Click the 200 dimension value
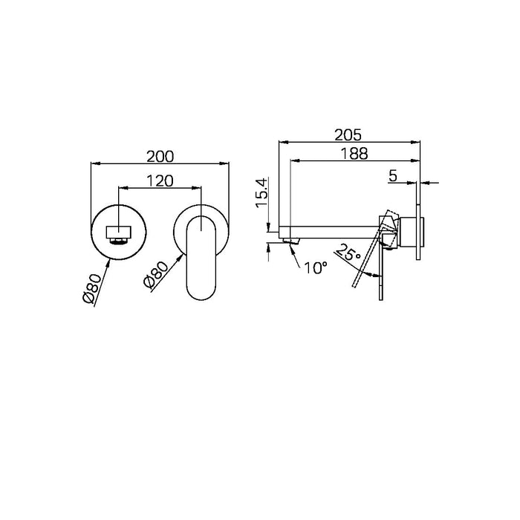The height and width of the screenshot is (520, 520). pos(160,156)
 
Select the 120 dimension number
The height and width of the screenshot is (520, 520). pos(160,181)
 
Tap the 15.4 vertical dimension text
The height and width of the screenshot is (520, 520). pos(260,195)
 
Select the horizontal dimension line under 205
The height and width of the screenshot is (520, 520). pos(349,142)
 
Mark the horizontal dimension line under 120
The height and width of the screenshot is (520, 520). pos(160,187)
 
